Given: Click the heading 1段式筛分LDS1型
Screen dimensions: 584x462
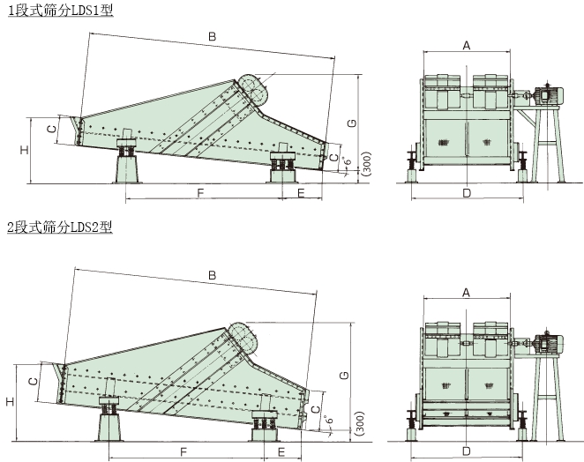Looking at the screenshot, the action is (x=61, y=11).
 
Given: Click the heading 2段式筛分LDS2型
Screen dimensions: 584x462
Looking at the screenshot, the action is (x=60, y=227).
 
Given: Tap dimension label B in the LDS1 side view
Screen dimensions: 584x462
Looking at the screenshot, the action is (x=212, y=36).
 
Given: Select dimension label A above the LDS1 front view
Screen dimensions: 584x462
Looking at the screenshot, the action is (x=467, y=46).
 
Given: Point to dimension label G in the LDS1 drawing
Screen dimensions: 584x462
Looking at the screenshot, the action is (x=352, y=123).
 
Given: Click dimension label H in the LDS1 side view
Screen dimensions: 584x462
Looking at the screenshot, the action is (x=24, y=150).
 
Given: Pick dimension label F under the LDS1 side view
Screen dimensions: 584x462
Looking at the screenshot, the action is (x=200, y=193).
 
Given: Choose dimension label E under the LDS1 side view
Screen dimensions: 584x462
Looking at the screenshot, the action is (x=302, y=193).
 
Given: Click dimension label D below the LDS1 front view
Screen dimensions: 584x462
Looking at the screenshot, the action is (x=467, y=193).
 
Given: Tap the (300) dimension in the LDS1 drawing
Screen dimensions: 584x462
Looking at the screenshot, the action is (x=366, y=163).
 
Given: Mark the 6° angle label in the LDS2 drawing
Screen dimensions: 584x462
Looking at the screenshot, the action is (x=329, y=420).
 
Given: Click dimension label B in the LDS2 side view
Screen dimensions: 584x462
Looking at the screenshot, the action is (x=212, y=275).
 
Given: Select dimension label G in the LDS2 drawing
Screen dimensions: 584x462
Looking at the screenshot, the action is (x=345, y=375).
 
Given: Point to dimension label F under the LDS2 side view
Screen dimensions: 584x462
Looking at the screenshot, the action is (x=183, y=452).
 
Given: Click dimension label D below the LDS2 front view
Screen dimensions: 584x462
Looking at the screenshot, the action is (x=467, y=451).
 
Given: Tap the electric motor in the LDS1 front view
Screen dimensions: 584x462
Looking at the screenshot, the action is (x=549, y=95).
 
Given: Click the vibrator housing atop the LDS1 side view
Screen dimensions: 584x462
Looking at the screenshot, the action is (x=253, y=88).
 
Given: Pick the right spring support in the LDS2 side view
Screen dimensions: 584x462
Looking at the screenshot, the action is (x=264, y=425).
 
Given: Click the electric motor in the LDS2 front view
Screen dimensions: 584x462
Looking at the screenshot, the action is (x=548, y=343).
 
